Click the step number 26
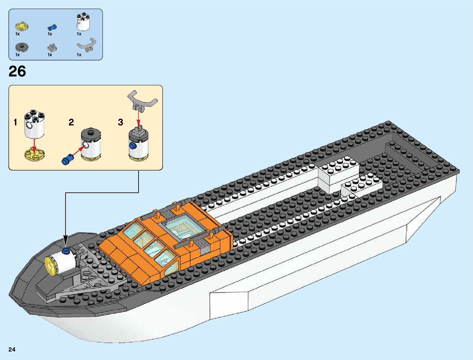[17, 72]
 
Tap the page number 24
[12, 349]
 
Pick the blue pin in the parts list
[52, 27]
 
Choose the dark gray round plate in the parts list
[22, 47]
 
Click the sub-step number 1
[15, 122]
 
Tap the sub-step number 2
[71, 122]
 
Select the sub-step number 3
[120, 122]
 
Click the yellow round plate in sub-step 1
[34, 154]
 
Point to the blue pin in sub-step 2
[68, 159]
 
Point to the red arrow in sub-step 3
[138, 118]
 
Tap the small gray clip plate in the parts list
[52, 48]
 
